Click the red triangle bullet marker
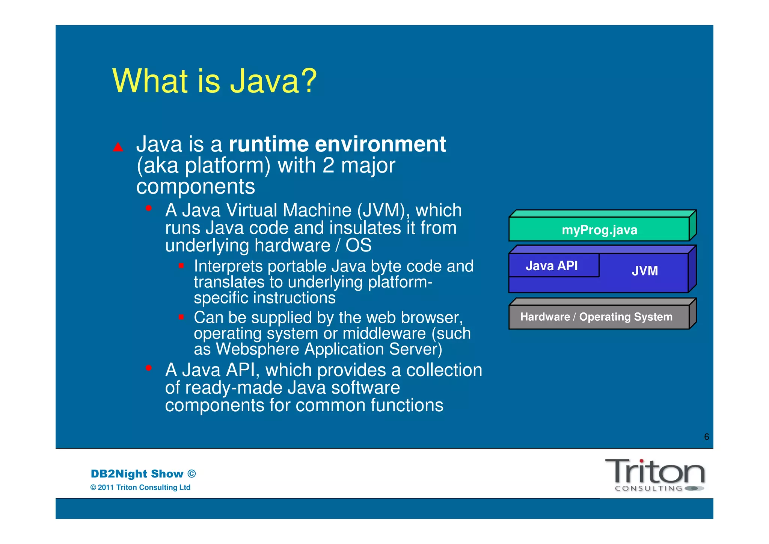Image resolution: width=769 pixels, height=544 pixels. coord(118,147)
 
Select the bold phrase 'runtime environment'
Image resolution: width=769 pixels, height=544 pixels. coord(337,144)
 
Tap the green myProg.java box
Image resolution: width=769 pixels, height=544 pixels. coord(599,229)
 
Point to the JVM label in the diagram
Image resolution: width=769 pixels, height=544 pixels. coord(644,271)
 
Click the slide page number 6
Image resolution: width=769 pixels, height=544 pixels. coord(706,437)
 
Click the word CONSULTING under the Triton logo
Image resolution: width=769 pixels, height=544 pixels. coord(648,489)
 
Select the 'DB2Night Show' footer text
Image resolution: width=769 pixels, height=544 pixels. coord(137,474)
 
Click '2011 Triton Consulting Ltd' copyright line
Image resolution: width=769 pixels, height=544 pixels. coord(144,488)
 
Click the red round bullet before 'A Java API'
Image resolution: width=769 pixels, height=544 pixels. coord(149,368)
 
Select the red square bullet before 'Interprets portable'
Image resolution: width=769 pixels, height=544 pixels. coord(181,266)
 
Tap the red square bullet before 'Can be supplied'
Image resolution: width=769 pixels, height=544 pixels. coord(181,317)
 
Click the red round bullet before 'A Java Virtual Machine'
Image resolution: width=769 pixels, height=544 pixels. coord(149,208)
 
